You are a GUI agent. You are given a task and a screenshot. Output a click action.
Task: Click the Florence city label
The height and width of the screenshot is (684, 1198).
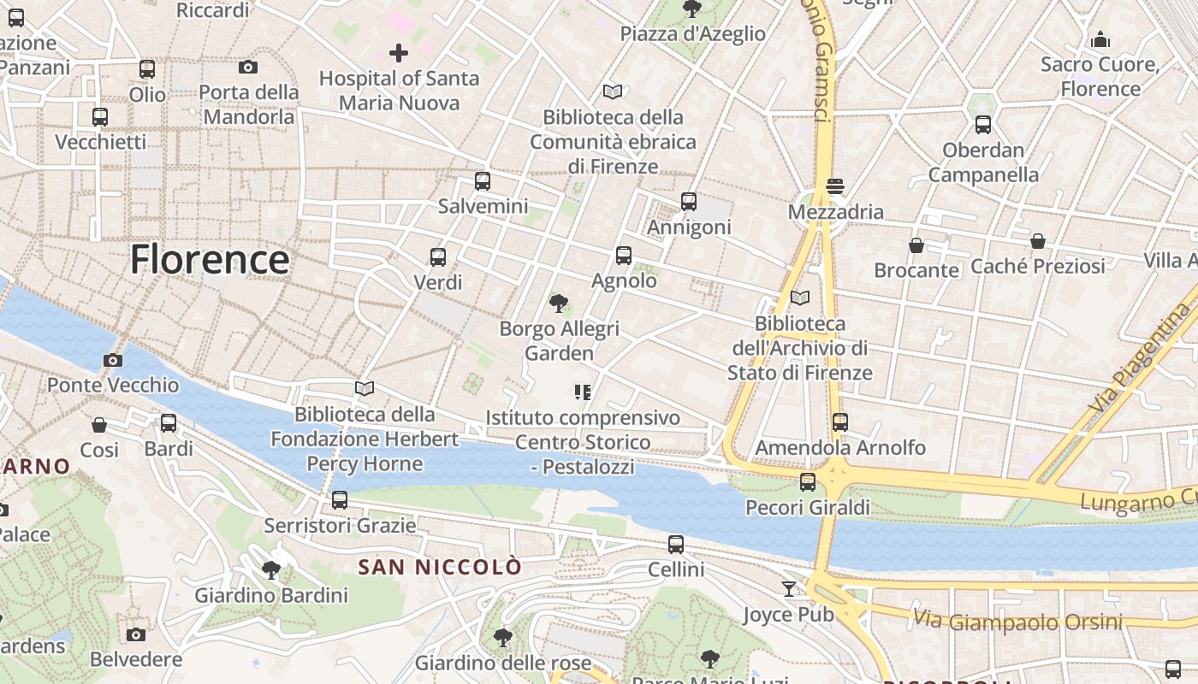click(210, 259)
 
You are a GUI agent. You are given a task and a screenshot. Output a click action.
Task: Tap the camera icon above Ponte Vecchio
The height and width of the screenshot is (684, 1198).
click(112, 360)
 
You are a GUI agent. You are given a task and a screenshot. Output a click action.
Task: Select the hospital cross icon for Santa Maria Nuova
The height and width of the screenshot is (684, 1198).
click(398, 53)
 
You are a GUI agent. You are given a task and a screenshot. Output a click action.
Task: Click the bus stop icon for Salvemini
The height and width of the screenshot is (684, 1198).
click(483, 181)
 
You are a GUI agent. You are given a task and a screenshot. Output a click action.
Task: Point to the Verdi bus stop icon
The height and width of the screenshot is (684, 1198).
click(438, 257)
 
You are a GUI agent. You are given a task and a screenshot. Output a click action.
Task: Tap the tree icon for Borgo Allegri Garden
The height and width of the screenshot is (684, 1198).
click(559, 303)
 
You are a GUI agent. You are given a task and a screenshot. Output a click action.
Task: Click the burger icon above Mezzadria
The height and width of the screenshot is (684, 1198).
click(835, 186)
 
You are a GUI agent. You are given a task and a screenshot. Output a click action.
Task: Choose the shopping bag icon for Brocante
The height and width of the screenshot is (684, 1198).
click(916, 245)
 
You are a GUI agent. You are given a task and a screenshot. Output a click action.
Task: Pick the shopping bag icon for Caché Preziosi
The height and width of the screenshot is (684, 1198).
click(1037, 241)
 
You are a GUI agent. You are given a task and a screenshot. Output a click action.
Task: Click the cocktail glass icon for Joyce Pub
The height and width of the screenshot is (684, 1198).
click(788, 588)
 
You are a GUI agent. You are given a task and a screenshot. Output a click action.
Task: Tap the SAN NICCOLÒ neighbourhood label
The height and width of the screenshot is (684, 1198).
click(439, 567)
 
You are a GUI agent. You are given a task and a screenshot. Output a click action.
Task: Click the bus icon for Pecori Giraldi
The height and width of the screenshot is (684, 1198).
click(808, 482)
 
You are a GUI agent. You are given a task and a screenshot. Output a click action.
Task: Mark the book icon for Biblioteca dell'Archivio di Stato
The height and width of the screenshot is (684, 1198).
click(800, 298)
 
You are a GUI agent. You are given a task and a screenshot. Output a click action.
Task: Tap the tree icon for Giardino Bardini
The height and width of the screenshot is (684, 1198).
click(271, 569)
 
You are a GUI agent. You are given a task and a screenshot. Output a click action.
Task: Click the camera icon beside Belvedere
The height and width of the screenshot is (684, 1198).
click(136, 634)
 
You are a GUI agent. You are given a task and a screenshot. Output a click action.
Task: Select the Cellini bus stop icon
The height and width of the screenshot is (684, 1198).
click(676, 544)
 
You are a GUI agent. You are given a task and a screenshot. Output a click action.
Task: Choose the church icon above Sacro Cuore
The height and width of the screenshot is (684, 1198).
click(1100, 39)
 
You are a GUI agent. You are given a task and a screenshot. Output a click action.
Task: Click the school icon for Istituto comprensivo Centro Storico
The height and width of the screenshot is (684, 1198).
click(583, 392)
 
